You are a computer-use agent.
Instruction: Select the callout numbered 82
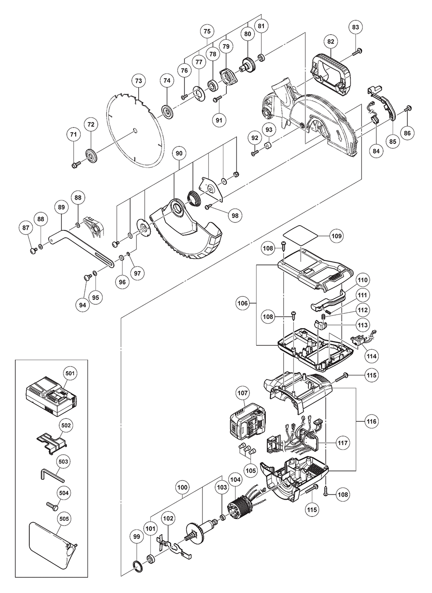pos(331,42)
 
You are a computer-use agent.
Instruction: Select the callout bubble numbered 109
pos(337,236)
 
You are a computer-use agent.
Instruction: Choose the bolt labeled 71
pos(76,164)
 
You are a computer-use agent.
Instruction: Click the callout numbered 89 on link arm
pos(61,207)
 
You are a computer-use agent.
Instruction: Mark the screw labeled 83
pos(357,52)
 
